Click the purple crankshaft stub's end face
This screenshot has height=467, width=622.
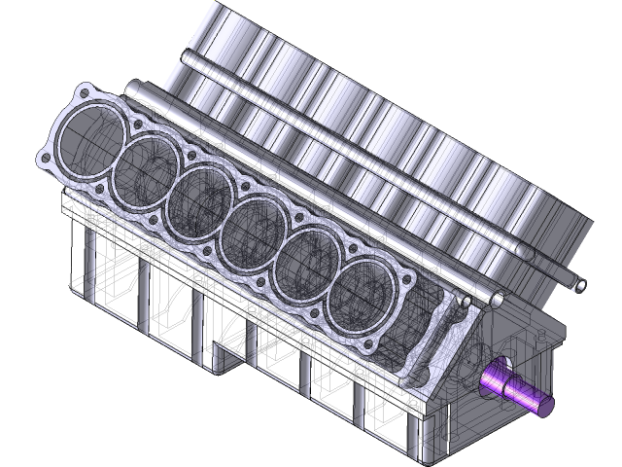[x=542, y=403]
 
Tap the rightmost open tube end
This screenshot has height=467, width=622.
[x=580, y=285]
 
